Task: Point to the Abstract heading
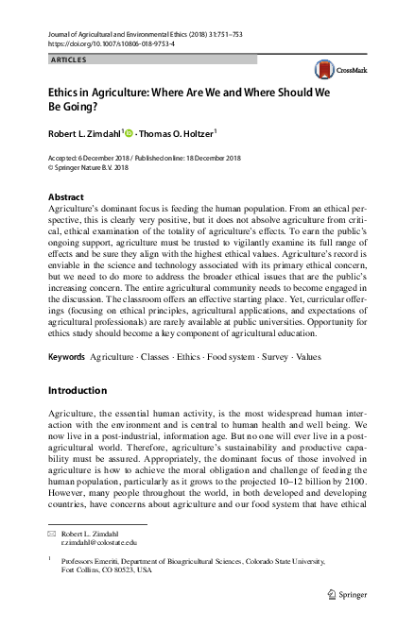(x=65, y=197)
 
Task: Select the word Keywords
(x=65, y=358)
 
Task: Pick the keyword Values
(x=309, y=358)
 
